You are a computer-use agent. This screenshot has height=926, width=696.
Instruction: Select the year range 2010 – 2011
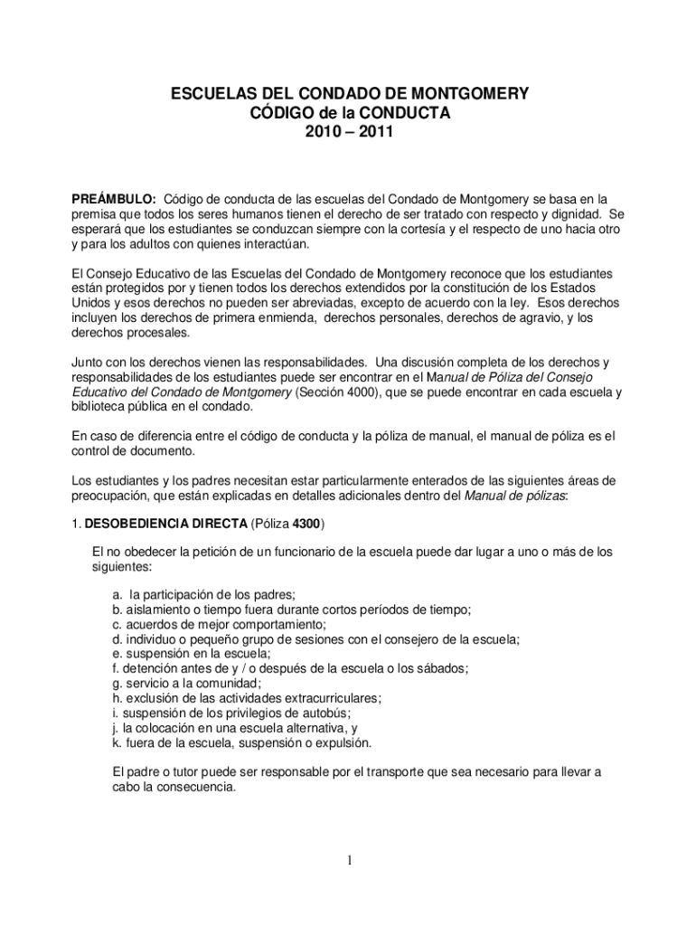tap(348, 132)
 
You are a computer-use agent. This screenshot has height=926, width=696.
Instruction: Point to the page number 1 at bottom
tap(348, 860)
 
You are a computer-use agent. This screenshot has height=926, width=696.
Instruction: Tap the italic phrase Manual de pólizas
tap(514, 496)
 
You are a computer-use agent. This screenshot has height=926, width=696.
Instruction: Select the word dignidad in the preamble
tap(574, 214)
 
